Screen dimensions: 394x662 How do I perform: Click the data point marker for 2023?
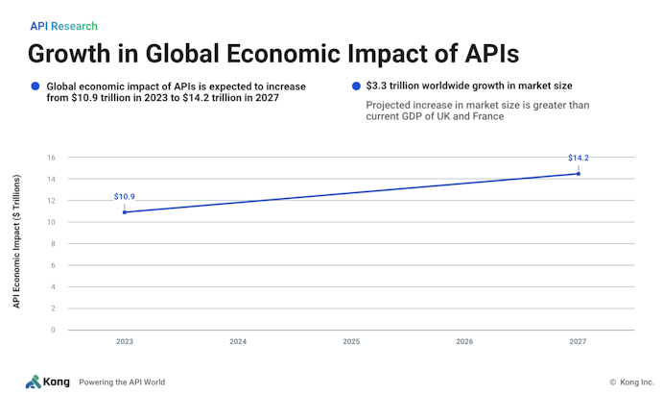tap(125, 211)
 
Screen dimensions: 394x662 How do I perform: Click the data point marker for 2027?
tap(578, 173)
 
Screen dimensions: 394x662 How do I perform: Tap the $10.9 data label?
tap(124, 196)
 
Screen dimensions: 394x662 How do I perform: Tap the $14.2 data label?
tap(578, 158)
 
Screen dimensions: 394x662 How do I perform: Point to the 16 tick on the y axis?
tap(52, 158)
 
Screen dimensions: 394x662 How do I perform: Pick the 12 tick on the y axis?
tap(52, 201)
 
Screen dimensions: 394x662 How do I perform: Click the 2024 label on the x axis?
tap(238, 342)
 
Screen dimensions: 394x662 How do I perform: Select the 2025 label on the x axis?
tap(351, 342)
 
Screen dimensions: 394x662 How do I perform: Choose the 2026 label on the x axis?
tap(464, 342)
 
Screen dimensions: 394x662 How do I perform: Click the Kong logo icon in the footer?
tap(34, 382)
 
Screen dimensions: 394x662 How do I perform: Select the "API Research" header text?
tap(63, 26)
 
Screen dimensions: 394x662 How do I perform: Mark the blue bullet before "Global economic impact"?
tap(35, 86)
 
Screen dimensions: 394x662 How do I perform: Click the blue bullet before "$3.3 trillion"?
tap(356, 86)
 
